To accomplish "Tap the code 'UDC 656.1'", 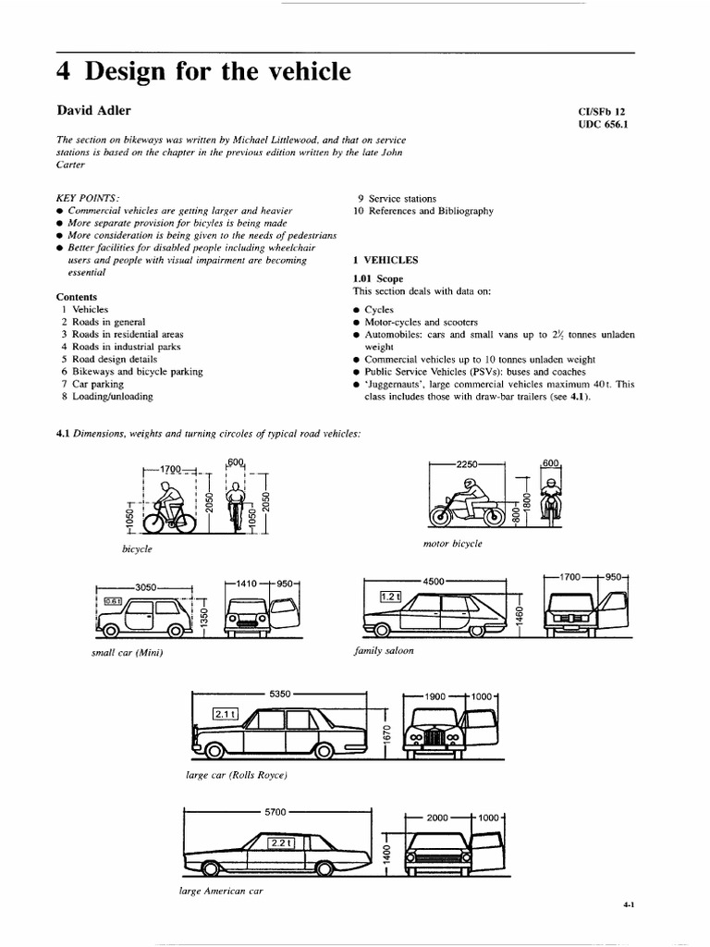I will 601,126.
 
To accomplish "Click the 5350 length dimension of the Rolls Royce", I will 280,693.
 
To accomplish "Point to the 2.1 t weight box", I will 226,714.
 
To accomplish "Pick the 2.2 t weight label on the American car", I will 279,842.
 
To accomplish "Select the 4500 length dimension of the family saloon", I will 435,582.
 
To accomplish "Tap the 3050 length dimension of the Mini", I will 147,586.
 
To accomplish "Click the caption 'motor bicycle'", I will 452,544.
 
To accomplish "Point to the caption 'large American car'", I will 221,891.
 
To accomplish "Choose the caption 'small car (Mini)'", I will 129,654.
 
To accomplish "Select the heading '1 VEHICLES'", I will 386,261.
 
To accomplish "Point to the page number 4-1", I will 628,908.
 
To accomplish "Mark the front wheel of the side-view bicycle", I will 185,523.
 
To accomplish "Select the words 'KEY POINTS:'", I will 87,198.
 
